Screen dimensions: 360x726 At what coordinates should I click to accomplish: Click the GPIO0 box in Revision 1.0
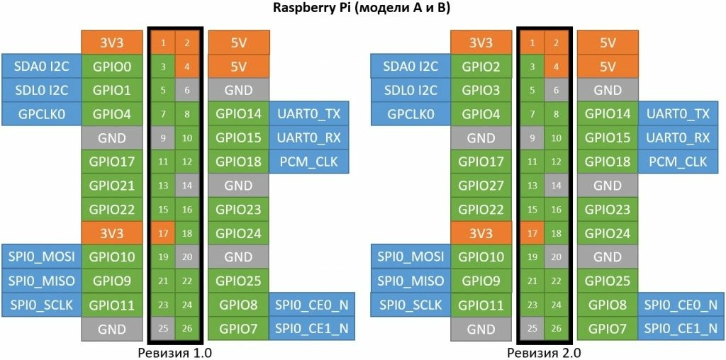[x=112, y=67]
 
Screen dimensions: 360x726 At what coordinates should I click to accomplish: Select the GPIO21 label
[x=112, y=186]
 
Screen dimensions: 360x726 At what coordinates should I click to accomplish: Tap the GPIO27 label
[x=481, y=186]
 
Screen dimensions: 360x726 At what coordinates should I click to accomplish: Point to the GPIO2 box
[x=481, y=67]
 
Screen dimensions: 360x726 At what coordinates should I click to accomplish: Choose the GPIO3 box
[x=481, y=91]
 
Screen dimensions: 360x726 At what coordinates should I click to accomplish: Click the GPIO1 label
[x=112, y=91]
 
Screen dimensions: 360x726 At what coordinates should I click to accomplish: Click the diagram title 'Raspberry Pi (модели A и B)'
[x=362, y=9]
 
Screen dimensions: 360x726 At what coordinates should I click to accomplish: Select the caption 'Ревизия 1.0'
[x=175, y=351]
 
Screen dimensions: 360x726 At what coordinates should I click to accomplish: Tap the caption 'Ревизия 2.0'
[x=544, y=351]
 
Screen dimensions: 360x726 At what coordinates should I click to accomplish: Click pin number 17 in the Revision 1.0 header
[x=163, y=233]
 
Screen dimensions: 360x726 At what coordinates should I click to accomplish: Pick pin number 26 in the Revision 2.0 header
[x=556, y=329]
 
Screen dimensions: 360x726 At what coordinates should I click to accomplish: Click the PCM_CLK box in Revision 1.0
[x=309, y=162]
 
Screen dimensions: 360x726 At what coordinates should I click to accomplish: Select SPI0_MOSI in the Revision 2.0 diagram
[x=411, y=257]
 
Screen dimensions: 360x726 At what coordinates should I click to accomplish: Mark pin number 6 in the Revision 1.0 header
[x=187, y=91]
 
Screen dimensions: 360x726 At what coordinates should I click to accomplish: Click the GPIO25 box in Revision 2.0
[x=608, y=281]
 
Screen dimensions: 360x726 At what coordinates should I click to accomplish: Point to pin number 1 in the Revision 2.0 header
[x=532, y=43]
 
